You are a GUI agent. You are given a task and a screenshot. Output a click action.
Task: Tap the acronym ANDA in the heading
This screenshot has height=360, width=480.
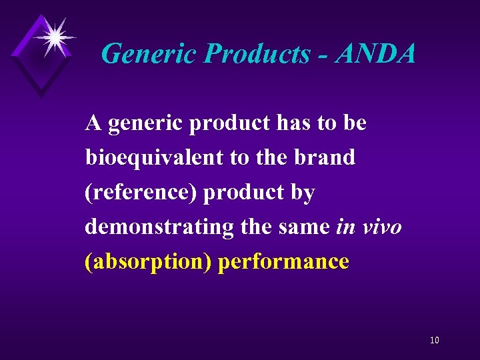(x=375, y=53)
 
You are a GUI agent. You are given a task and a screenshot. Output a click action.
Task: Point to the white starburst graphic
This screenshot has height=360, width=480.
(x=53, y=37)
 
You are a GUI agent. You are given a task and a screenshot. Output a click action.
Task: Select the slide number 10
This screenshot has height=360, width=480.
(x=434, y=341)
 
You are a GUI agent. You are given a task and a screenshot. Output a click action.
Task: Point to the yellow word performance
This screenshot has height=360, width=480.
(x=284, y=262)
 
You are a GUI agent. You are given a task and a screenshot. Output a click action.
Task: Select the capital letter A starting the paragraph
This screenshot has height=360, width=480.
(x=93, y=123)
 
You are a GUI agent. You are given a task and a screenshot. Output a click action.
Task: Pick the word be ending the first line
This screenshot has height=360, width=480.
(x=355, y=123)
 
